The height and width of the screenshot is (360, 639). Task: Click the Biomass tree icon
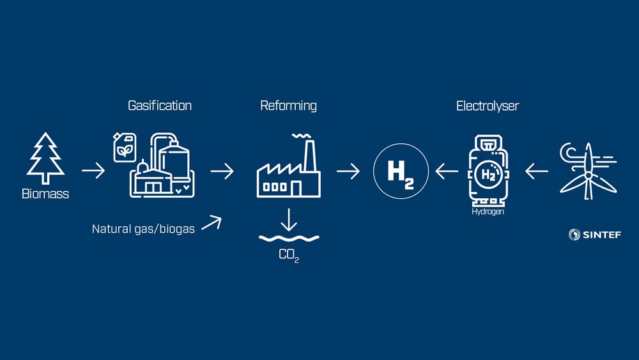coord(45,158)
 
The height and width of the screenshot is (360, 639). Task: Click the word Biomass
coord(45,194)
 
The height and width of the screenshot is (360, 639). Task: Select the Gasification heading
coord(160,106)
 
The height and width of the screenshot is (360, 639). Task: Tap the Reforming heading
coord(288,106)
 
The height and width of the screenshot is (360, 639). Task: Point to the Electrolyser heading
coord(488,106)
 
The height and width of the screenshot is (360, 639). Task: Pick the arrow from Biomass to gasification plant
coord(93,171)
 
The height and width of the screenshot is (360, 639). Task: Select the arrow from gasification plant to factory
coord(222,171)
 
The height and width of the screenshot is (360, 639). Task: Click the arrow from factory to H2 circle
coord(348,171)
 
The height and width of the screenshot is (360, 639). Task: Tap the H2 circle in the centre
coord(401,171)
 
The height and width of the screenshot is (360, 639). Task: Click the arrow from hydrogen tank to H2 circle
coord(447,171)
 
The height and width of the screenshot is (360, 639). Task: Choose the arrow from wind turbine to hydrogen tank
coord(537,171)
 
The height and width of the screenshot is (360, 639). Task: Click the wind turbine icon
coord(587,168)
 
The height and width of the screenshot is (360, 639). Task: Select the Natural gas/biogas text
coord(143,228)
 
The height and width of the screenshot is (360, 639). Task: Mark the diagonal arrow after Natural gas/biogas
coord(212,222)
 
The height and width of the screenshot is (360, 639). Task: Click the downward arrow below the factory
coord(289,219)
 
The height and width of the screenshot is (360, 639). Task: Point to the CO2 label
coord(289,255)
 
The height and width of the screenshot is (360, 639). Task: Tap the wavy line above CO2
coord(289,239)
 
